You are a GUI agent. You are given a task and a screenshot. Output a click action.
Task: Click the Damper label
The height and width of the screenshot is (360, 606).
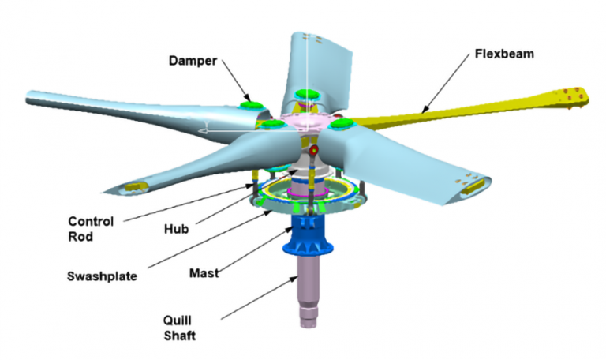point(193,61)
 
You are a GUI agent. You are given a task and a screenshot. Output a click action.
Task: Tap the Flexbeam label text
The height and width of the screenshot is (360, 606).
point(504,54)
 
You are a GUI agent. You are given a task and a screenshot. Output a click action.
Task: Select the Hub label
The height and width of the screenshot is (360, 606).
point(176,229)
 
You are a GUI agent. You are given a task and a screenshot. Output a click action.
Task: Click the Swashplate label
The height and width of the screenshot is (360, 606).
point(102,276)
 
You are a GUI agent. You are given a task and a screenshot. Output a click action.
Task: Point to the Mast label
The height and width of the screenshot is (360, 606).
point(204,273)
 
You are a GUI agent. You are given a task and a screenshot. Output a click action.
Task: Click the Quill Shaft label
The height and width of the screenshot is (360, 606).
point(180,328)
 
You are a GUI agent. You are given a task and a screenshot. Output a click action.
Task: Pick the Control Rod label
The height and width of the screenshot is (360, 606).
point(91,229)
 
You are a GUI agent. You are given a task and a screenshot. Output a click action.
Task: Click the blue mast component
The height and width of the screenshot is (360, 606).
point(308,234)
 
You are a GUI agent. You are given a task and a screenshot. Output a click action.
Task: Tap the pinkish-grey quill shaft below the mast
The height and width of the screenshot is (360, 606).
point(308,292)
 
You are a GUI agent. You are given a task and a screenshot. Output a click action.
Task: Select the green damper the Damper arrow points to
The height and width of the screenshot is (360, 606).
point(251,105)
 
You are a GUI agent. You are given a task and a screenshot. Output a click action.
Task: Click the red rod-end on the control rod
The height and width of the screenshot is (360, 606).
point(314,149)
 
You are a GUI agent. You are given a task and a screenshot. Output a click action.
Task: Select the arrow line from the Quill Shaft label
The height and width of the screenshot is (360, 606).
point(260,298)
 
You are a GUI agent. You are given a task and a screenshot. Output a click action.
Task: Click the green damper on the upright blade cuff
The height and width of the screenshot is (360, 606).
point(307,94)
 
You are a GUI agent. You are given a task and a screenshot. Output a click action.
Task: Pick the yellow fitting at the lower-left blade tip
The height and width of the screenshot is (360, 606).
point(136,187)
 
